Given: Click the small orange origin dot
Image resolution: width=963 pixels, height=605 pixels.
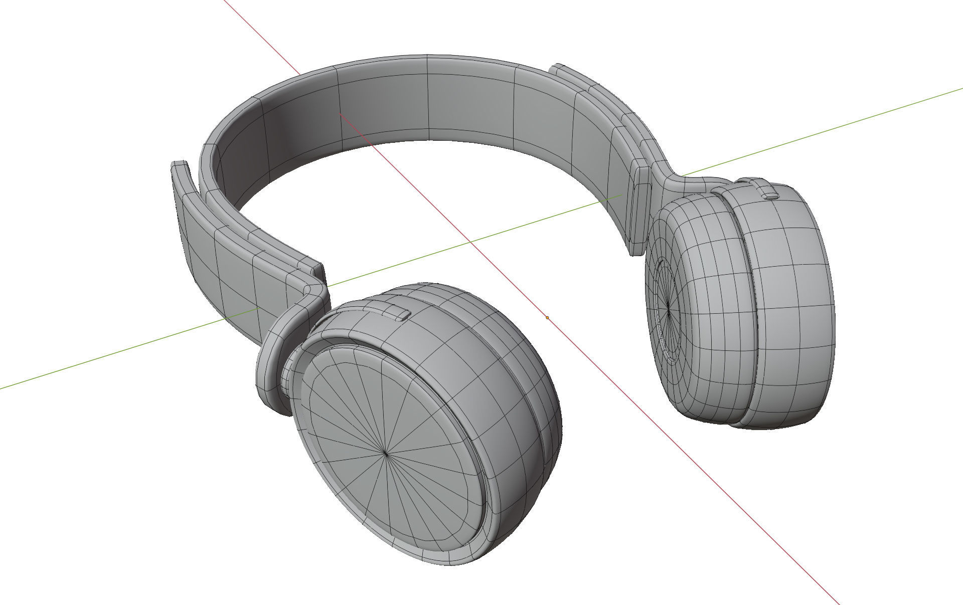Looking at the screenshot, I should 547,317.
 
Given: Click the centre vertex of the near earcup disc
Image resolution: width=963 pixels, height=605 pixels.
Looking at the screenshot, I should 385,453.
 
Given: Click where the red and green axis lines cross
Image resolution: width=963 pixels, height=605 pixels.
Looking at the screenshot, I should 470,242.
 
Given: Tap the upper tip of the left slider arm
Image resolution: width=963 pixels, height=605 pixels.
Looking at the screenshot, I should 179,165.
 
